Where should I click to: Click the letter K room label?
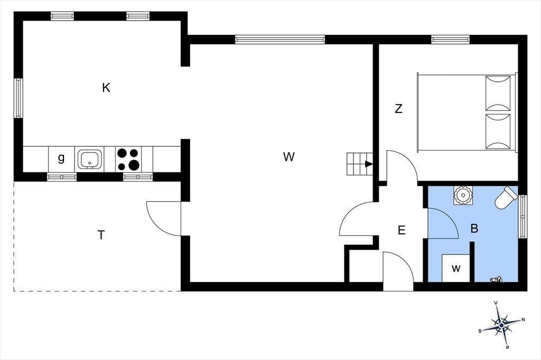[x=106, y=88]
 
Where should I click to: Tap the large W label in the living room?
[x=289, y=157]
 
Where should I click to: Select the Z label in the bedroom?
[x=398, y=109]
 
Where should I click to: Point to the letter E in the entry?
[x=402, y=230]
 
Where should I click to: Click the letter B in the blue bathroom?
[x=474, y=228]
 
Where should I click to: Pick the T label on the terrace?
[x=101, y=235]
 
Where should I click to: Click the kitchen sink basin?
[x=90, y=159]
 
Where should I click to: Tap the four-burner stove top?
[x=128, y=159]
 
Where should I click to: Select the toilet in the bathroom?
[x=506, y=198]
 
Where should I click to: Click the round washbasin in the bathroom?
[x=462, y=196]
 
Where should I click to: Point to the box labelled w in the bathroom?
[x=456, y=268]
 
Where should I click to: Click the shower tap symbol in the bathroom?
[x=496, y=279]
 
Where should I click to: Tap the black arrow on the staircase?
[x=369, y=164]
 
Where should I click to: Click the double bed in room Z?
[x=468, y=112]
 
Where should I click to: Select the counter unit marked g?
[x=61, y=159]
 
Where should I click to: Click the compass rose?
[x=501, y=324]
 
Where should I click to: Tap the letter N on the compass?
[x=523, y=320]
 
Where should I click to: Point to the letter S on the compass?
[x=480, y=331]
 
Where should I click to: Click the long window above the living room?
[x=280, y=40]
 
